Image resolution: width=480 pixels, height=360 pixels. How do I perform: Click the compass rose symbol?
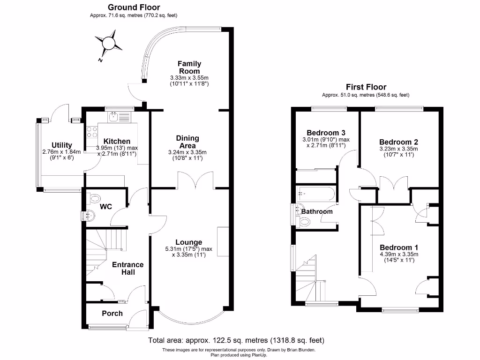(109, 43)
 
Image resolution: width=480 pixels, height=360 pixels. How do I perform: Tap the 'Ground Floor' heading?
(134, 7)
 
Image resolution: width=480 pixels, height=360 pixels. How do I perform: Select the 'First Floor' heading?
(366, 87)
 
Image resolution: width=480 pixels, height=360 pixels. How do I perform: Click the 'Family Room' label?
(189, 67)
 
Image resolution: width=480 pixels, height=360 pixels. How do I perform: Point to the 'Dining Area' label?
(187, 142)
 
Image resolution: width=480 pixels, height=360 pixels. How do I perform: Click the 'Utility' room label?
(61, 145)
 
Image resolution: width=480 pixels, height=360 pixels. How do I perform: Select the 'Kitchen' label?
(117, 142)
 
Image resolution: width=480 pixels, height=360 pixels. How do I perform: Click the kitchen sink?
(114, 116)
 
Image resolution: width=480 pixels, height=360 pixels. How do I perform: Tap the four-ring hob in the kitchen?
(91, 132)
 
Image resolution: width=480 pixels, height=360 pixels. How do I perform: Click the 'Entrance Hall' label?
(127, 268)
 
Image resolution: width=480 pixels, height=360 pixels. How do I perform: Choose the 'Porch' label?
(112, 313)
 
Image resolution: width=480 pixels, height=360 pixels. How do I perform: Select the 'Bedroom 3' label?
(326, 132)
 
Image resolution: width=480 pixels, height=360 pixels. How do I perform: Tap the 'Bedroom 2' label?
(398, 142)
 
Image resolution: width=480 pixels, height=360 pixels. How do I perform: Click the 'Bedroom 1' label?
(399, 247)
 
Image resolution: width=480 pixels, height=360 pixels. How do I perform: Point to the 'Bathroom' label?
(316, 211)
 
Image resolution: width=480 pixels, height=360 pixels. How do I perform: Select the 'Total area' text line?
(236, 340)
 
